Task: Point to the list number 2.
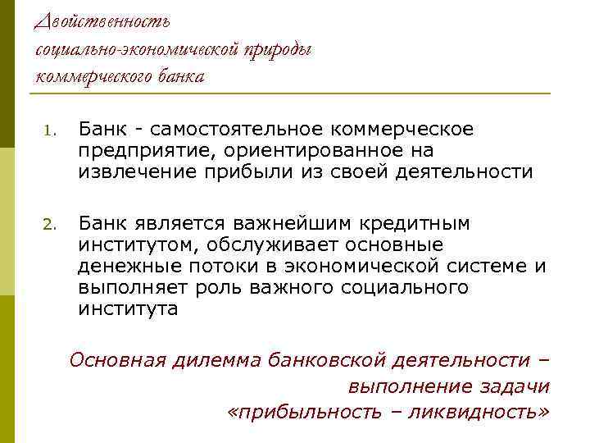tap(48, 225)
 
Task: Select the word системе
tap(485, 266)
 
